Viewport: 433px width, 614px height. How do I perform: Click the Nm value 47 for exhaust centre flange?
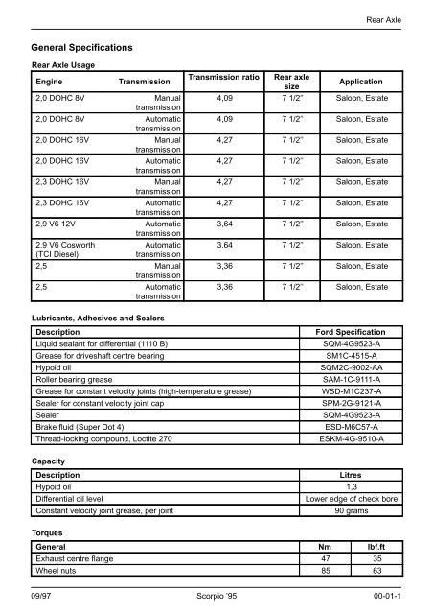328,557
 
